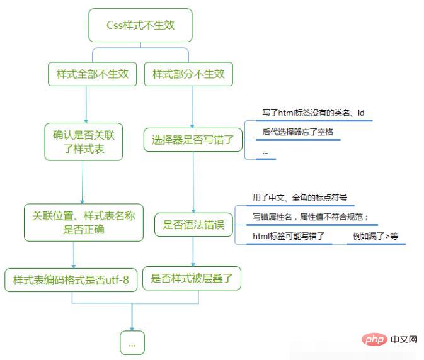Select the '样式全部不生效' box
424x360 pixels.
[92, 74]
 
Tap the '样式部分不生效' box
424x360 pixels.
[188, 74]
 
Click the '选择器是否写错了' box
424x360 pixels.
[193, 140]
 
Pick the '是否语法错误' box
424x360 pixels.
[193, 225]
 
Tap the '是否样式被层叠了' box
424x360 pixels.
[192, 278]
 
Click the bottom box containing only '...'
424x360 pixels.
[132, 343]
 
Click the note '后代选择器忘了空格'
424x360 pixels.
[297, 132]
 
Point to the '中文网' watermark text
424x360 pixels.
[403, 340]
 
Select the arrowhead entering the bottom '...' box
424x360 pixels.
[132, 328]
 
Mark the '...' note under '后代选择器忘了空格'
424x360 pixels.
[266, 152]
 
